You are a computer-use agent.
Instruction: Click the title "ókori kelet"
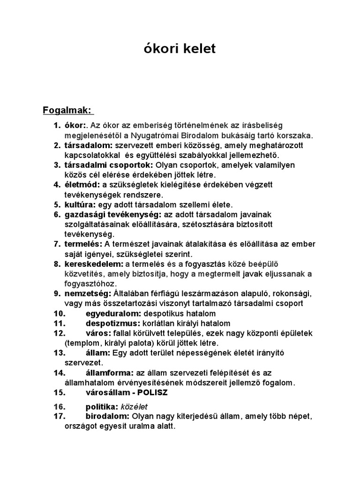point(180,49)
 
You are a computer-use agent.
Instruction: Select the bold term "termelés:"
point(83,244)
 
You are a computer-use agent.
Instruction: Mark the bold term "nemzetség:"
point(88,293)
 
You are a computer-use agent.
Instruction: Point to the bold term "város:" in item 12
point(98,333)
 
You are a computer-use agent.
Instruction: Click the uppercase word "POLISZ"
point(151,392)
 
